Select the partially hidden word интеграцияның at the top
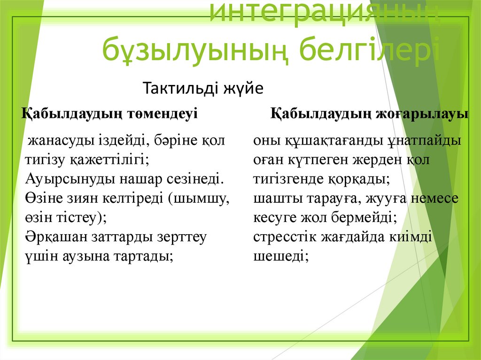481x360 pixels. [324, 13]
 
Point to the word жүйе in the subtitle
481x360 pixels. [245, 88]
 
